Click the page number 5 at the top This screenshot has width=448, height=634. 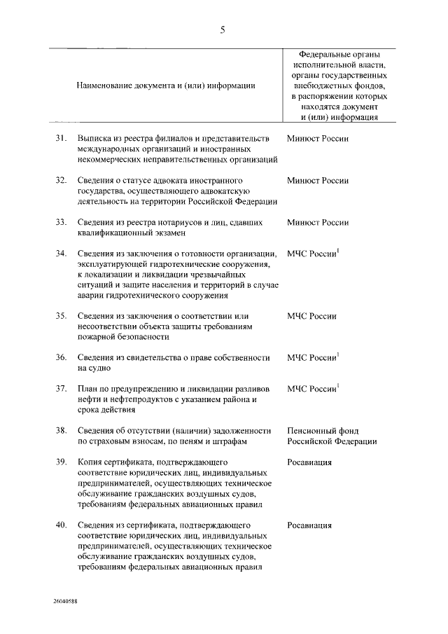223,29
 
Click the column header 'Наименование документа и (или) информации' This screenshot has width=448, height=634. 166,85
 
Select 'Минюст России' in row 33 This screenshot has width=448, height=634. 317,222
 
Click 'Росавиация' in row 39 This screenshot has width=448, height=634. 309,462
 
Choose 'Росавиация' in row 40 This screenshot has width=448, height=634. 309,525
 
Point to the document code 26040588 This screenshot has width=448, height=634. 64,601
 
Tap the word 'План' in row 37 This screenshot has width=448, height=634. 89,388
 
